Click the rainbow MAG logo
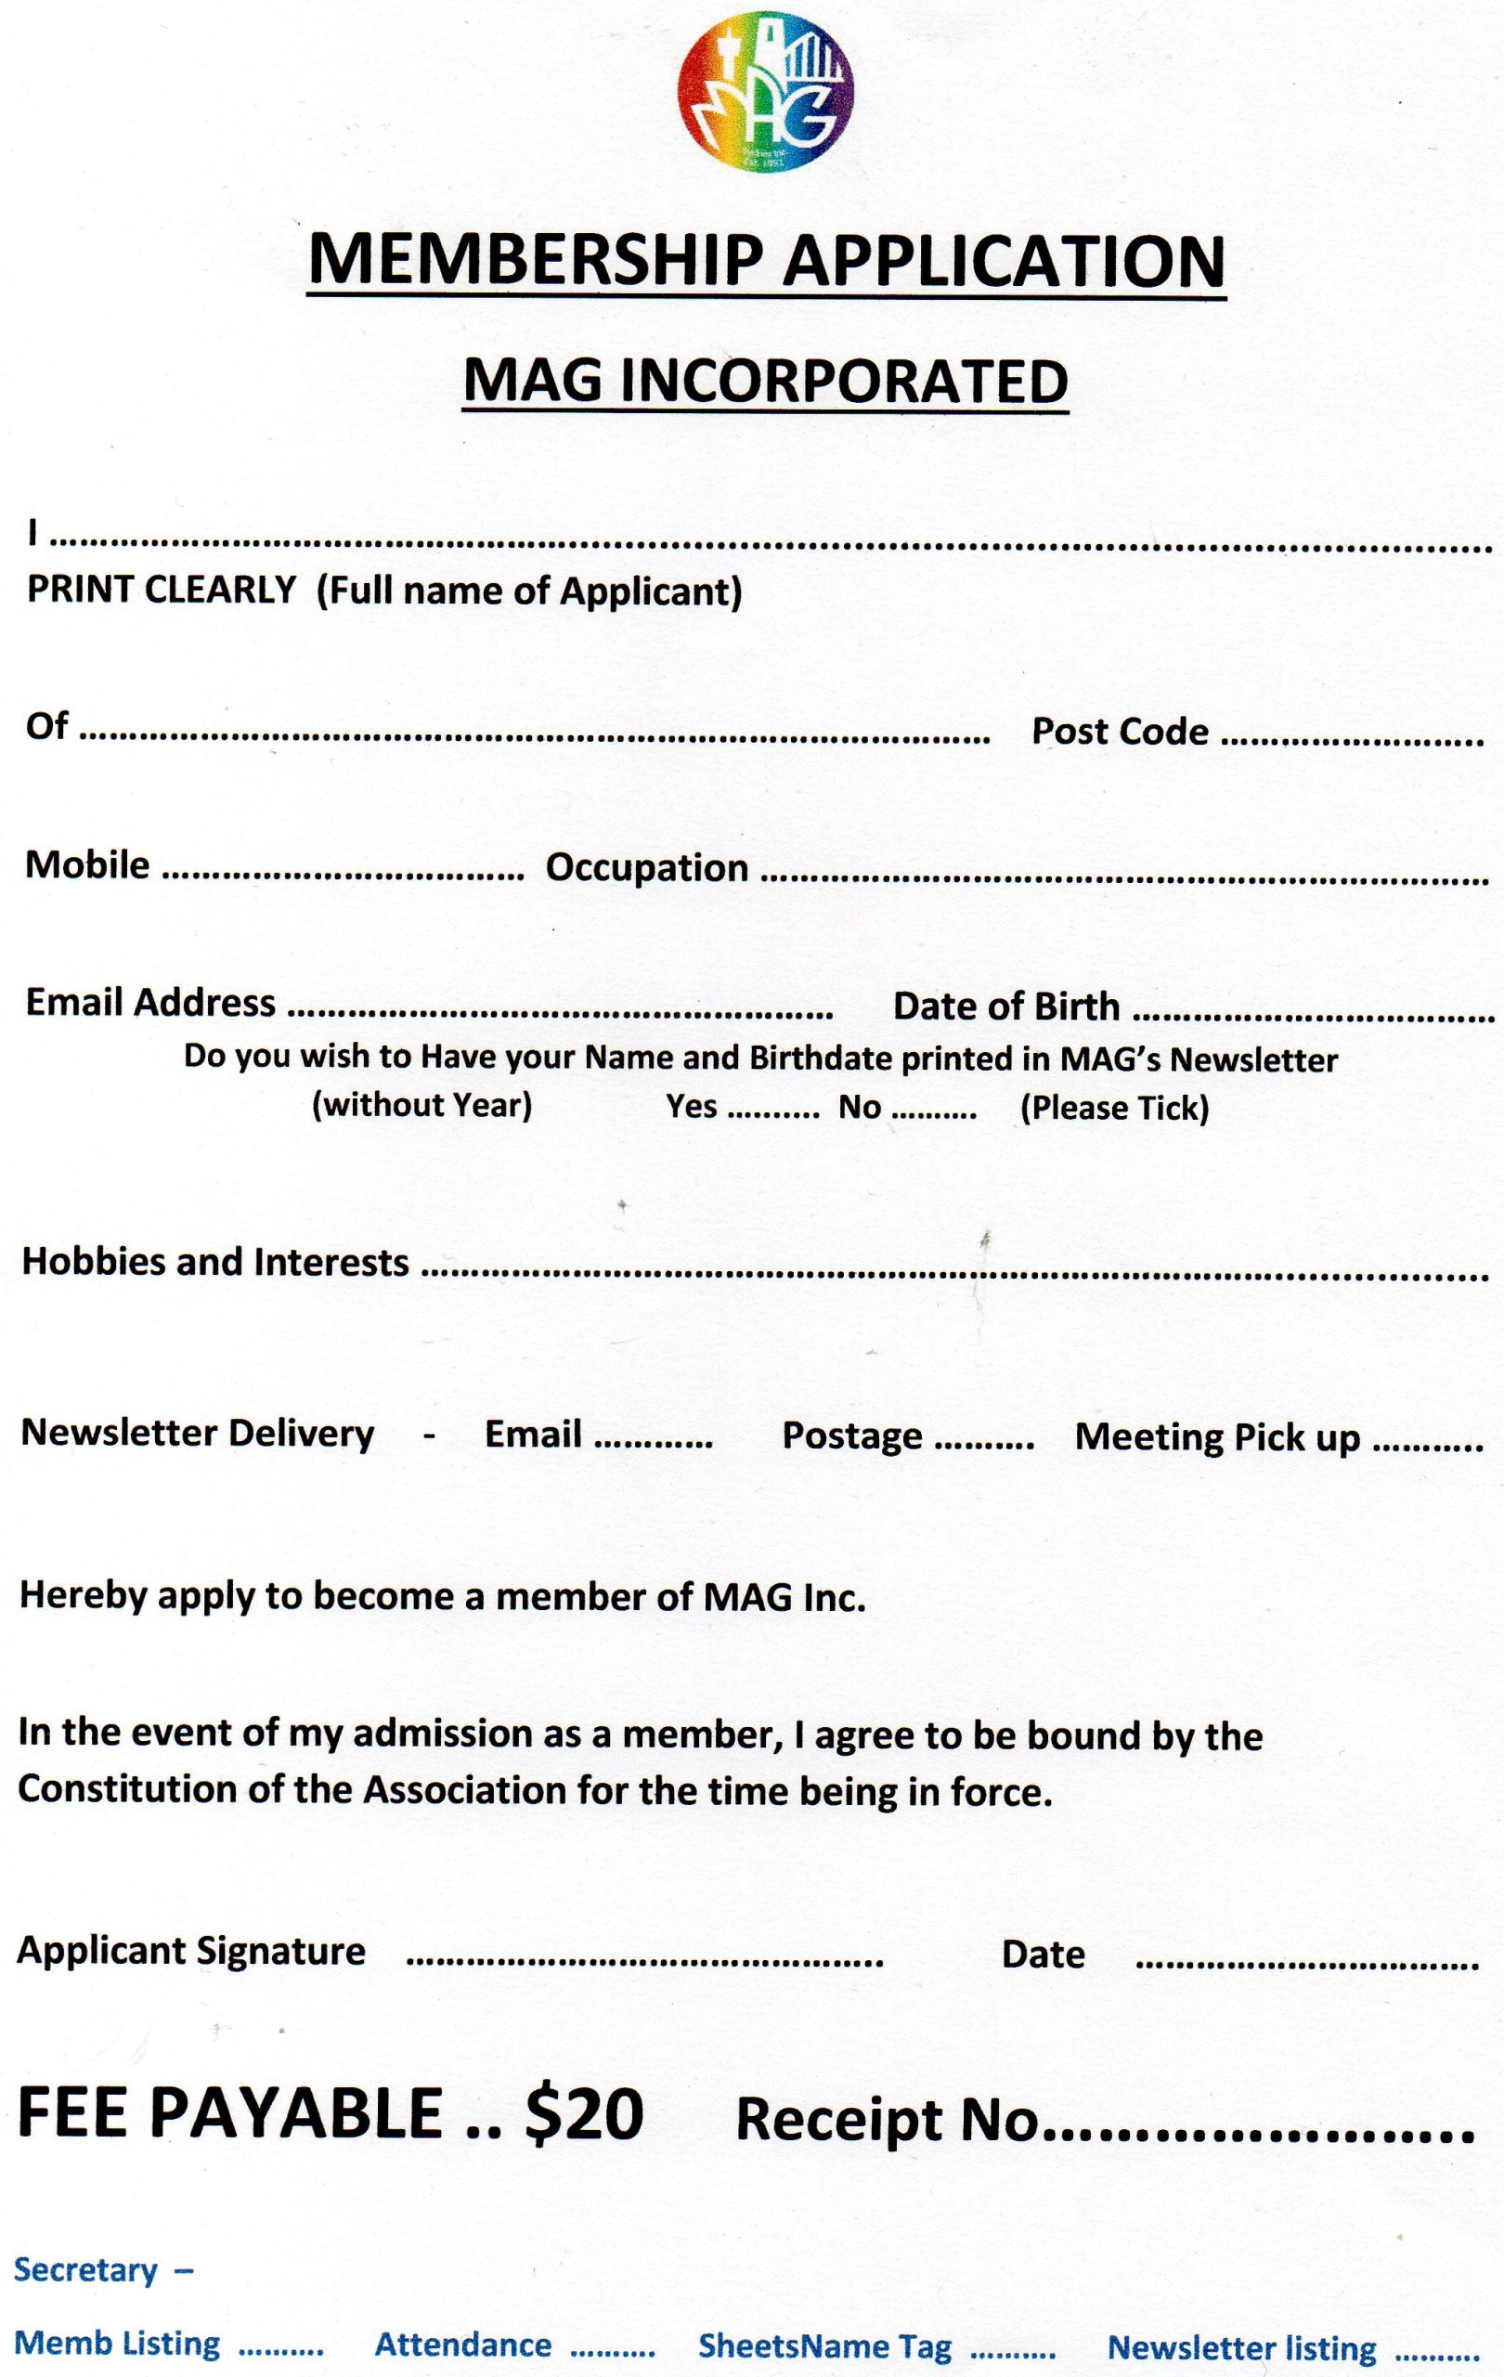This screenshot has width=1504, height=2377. point(766,93)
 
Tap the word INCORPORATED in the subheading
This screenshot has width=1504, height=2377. point(845,381)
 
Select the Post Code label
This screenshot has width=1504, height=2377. point(1120,732)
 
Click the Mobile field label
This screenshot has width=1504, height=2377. point(88,864)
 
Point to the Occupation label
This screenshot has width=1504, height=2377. point(647,867)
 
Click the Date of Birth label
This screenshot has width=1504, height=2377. point(1006,1006)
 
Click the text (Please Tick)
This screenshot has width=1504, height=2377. point(1114,1108)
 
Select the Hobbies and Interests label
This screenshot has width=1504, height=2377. point(215,1263)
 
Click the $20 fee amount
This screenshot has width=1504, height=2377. point(584,2113)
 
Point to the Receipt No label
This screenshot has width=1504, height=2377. point(888,2118)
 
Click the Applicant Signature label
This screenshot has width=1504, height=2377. point(191,1951)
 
